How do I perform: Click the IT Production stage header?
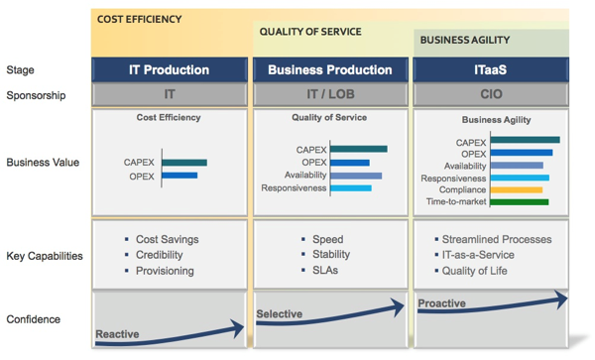tap(169, 70)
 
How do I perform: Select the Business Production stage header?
tap(330, 70)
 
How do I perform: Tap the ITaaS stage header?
tap(491, 70)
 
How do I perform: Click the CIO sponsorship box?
tap(491, 95)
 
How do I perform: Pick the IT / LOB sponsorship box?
tap(330, 95)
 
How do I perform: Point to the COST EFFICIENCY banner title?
tap(139, 19)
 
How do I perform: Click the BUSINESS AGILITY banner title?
tap(464, 41)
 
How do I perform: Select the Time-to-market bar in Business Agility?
tap(520, 202)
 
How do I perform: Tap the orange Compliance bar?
tap(517, 189)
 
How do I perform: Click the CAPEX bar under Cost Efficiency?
tap(184, 163)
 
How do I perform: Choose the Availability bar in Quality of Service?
tap(355, 176)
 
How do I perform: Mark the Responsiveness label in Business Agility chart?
tap(453, 179)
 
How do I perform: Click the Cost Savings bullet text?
tap(167, 239)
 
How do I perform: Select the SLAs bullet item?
tap(324, 271)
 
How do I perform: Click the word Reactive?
tap(117, 334)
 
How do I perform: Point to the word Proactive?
tap(441, 303)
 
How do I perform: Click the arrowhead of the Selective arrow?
tap(401, 307)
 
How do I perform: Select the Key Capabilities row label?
tap(45, 256)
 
